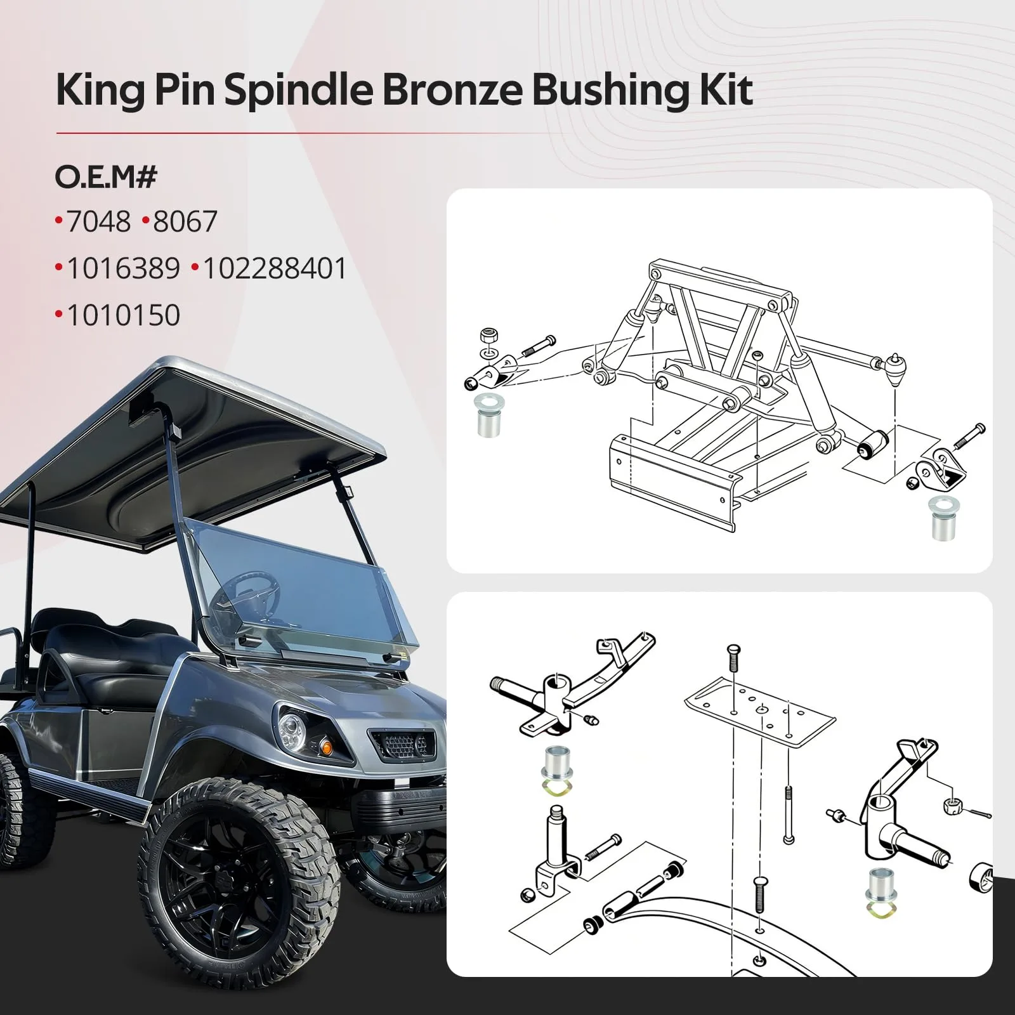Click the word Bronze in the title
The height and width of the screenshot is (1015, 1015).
click(453, 89)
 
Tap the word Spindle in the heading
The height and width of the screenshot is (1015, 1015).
click(298, 89)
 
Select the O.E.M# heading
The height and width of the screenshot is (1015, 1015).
click(106, 177)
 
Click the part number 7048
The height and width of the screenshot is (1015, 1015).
click(98, 221)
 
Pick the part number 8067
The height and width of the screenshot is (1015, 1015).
click(185, 221)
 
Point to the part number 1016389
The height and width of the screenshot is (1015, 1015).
click(123, 268)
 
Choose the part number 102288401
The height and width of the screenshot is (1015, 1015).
click(275, 268)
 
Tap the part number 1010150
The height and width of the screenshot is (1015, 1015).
click(123, 315)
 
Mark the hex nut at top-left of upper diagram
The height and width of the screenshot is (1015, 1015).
click(488, 335)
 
